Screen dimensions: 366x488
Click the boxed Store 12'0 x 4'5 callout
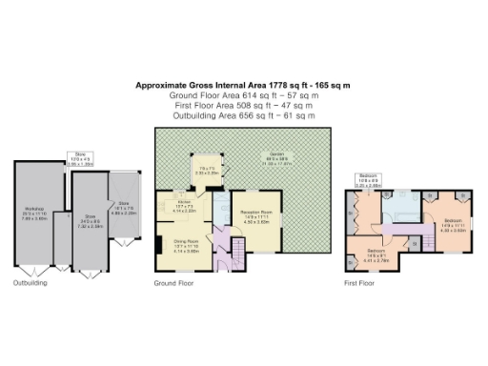(x=81, y=160)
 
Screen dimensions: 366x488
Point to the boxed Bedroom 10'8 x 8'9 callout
(x=368, y=179)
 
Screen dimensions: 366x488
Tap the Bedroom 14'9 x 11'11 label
(x=452, y=226)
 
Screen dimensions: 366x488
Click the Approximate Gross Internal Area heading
(x=243, y=86)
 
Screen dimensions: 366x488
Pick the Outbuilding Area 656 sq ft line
(x=243, y=115)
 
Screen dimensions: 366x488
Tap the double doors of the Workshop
(x=27, y=271)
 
